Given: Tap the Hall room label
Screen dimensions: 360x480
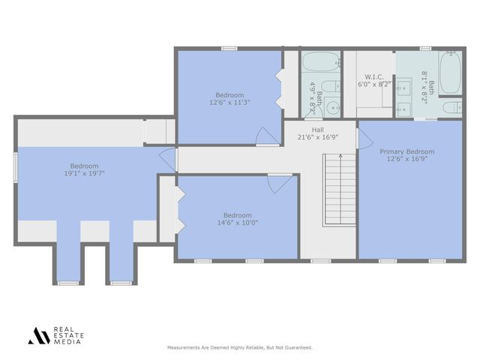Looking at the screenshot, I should pos(318,130).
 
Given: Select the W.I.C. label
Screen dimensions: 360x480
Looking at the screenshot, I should pos(374,76).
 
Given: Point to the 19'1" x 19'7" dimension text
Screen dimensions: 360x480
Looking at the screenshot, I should pos(84,174).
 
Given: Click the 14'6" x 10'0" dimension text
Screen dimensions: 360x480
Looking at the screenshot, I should pos(237,223).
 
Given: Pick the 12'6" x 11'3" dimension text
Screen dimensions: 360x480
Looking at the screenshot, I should pos(229,103).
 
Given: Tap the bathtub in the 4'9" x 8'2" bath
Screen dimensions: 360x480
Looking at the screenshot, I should pos(320,62).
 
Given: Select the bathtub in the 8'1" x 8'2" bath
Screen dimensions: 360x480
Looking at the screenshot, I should pos(450,73).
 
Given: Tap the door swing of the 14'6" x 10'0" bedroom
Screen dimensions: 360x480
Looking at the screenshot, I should pos(279,184).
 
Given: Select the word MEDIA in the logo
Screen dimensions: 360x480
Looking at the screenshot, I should pos(67,342).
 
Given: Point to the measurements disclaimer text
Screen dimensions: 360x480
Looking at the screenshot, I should pos(238,348).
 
